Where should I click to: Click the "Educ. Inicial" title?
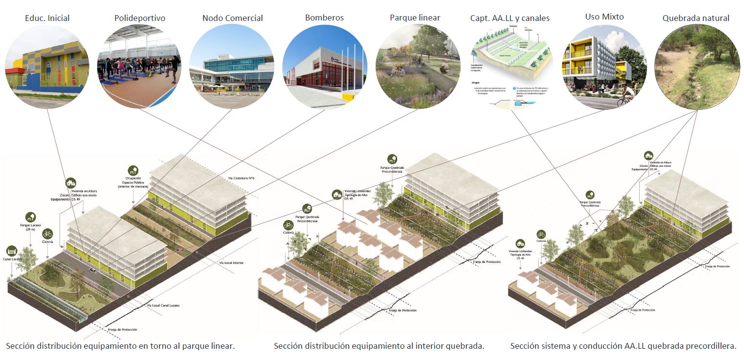point(47,18)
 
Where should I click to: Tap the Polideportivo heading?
point(140,18)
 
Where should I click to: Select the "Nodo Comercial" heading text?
point(232,18)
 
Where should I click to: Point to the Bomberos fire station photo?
point(324,67)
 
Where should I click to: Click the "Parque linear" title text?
point(415,18)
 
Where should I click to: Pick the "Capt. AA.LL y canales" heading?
point(510,18)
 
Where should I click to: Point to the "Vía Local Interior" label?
point(231,263)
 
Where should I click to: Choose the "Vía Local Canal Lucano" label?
point(163,305)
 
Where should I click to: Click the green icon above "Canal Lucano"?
point(12,251)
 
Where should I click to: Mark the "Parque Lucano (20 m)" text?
point(30,227)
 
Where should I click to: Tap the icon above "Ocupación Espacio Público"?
point(132,170)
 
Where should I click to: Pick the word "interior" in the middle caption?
point(435,346)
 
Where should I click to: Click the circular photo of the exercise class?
point(140,67)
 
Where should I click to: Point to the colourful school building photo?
point(47,67)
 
